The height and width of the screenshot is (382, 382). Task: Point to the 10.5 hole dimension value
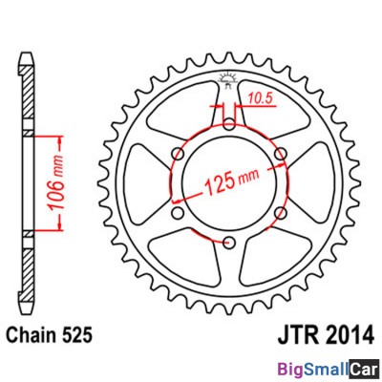259,95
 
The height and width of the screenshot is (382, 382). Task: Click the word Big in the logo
291,367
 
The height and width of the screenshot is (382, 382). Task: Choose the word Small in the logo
327,367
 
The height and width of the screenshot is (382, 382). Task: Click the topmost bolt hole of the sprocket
229,124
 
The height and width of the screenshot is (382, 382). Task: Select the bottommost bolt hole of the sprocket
229,233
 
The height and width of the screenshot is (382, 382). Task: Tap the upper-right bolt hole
280,153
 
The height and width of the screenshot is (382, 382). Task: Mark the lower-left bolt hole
180,203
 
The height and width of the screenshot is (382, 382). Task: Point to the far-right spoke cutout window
316,179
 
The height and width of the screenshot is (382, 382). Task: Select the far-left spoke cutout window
143,179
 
